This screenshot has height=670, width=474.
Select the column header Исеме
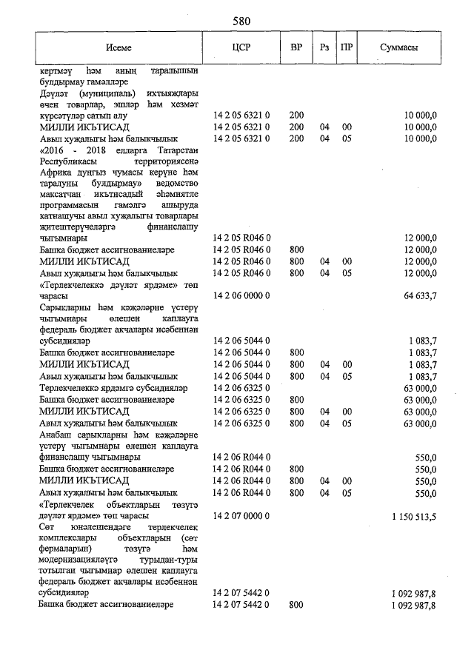pos(118,47)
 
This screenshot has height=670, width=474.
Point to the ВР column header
pos(296,47)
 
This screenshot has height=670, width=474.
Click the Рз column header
pos(324,47)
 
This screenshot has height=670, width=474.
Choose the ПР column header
pos(347,47)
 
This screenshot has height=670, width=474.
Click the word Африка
pos(55,172)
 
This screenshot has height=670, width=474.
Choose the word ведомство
pos(176,184)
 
